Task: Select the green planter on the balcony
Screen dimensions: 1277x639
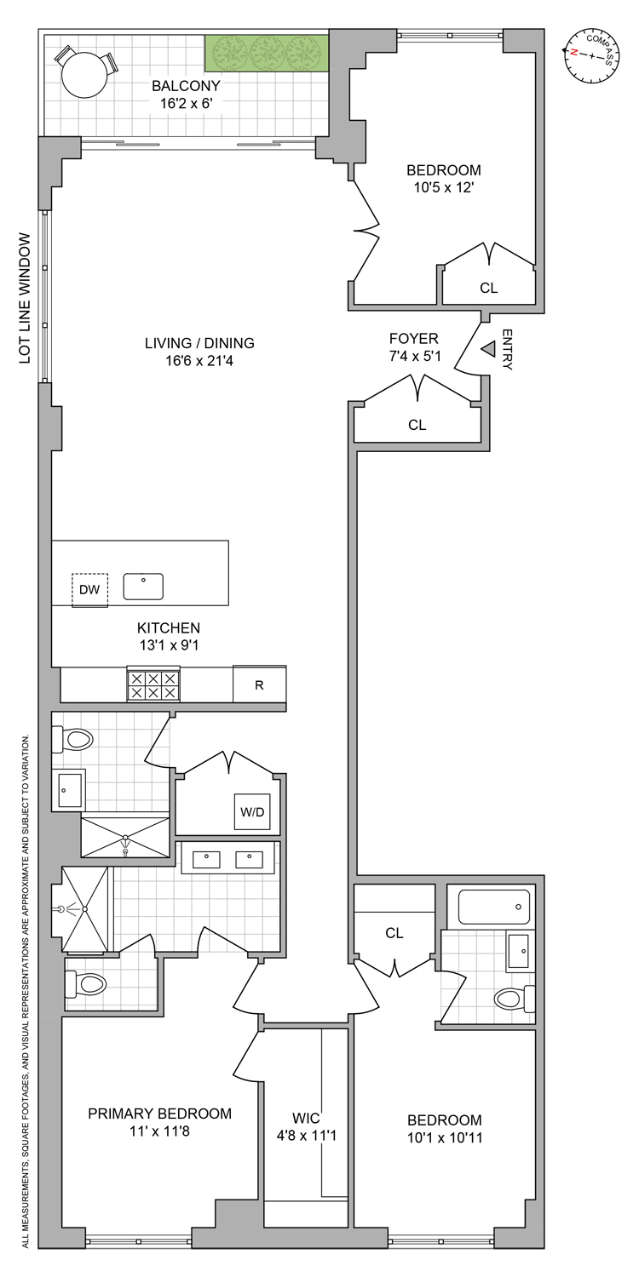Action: pos(267,54)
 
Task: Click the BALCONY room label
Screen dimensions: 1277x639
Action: pos(186,85)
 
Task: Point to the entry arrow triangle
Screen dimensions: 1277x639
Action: pos(488,349)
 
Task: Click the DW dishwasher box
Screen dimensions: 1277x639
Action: pos(89,589)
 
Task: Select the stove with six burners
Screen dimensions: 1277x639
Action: pos(153,684)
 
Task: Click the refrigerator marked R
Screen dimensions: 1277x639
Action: pos(259,684)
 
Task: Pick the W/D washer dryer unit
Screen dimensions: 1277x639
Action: pos(252,811)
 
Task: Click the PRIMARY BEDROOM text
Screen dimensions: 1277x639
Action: pos(160,1113)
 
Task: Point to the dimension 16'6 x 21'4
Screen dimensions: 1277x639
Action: pos(199,362)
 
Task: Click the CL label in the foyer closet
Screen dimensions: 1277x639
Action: pos(417,425)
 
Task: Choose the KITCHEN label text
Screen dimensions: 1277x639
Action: pos(169,627)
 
